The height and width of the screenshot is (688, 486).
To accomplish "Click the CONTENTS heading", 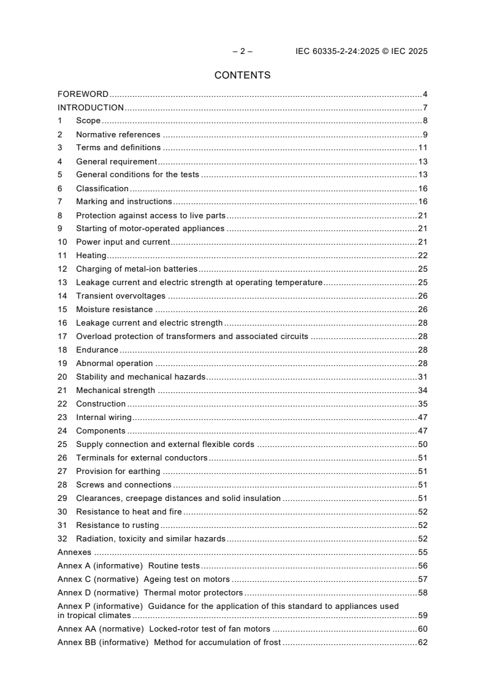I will [x=242, y=75].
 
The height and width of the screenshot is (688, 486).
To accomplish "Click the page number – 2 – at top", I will [x=243, y=52].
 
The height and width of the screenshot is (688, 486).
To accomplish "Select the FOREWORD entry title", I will [x=83, y=94].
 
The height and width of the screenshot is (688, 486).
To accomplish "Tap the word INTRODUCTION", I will [x=91, y=108].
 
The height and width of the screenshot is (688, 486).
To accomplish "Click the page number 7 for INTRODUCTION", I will [x=425, y=108].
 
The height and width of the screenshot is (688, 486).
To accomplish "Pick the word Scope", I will [x=88, y=121].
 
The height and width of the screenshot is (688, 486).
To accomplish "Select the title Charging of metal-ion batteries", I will [x=137, y=269].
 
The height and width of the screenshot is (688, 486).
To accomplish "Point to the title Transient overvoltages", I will [x=121, y=296].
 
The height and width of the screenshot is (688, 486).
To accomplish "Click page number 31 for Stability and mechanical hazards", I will [x=422, y=377].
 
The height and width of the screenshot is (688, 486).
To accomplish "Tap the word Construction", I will [x=101, y=404].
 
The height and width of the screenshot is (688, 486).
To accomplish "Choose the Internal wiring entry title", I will [x=104, y=418].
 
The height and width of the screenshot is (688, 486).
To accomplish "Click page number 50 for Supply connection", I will [x=422, y=445].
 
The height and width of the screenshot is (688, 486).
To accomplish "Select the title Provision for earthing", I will [x=118, y=472].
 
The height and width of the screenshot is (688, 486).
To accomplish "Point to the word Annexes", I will [x=74, y=552].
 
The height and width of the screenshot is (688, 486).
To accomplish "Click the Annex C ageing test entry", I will [x=143, y=579].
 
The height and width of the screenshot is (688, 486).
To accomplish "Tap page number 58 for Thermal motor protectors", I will [x=422, y=593].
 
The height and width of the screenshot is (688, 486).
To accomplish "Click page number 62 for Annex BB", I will [x=422, y=643].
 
